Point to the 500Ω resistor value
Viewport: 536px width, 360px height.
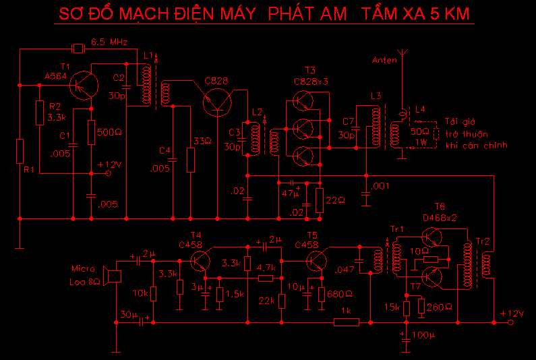pos(109,131)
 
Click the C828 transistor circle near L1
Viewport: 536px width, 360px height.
pos(217,102)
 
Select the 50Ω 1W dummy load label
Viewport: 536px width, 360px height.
pos(419,136)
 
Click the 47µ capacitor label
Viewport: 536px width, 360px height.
pos(290,193)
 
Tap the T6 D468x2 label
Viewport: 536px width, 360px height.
pos(440,212)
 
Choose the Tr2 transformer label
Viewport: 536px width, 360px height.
pos(483,241)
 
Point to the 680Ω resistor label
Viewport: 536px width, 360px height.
pos(339,294)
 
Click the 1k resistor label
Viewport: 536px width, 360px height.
pos(347,311)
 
